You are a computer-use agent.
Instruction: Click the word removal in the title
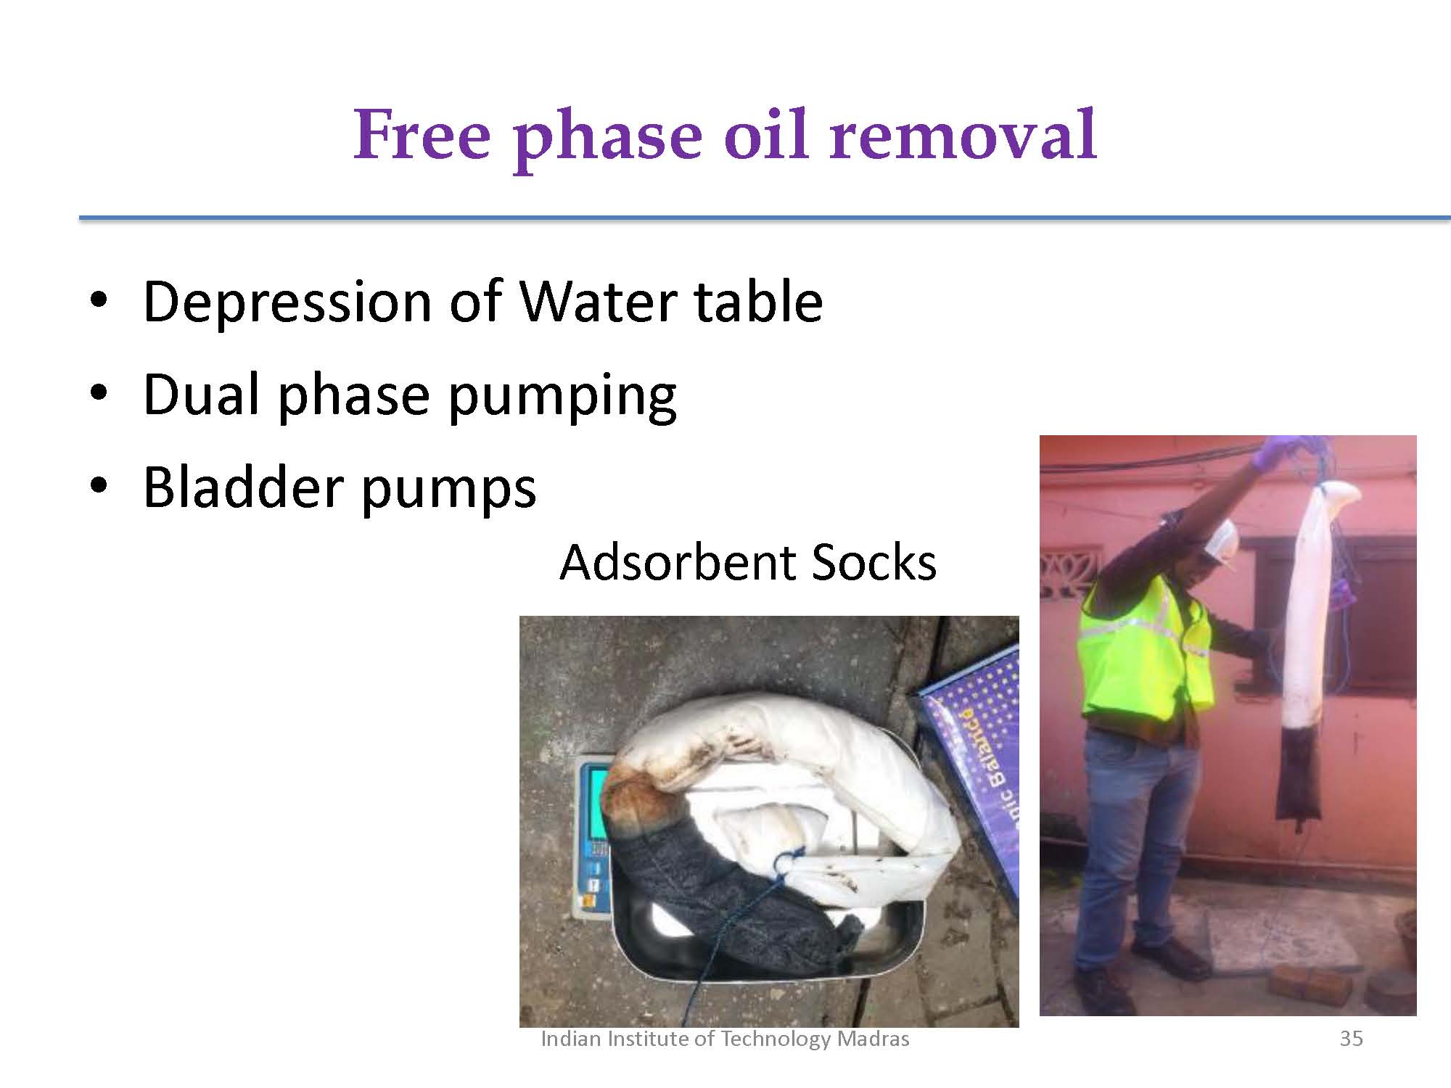coord(964,135)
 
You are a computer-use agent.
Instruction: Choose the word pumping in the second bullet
coord(562,397)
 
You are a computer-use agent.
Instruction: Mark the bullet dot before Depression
coord(99,300)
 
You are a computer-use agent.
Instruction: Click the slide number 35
coord(1351,1039)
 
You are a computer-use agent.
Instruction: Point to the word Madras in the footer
coord(873,1039)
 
